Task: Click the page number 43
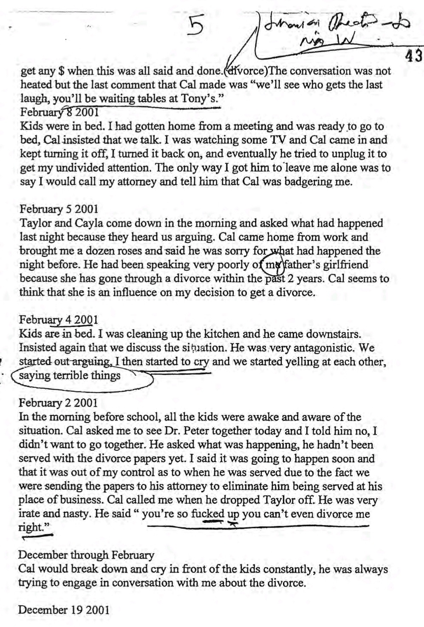coord(413,56)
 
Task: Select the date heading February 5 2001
coord(59,209)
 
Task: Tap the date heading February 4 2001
coord(59,320)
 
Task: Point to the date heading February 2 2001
coord(59,403)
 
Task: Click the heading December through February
coord(86,555)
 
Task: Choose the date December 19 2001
coord(64,610)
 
